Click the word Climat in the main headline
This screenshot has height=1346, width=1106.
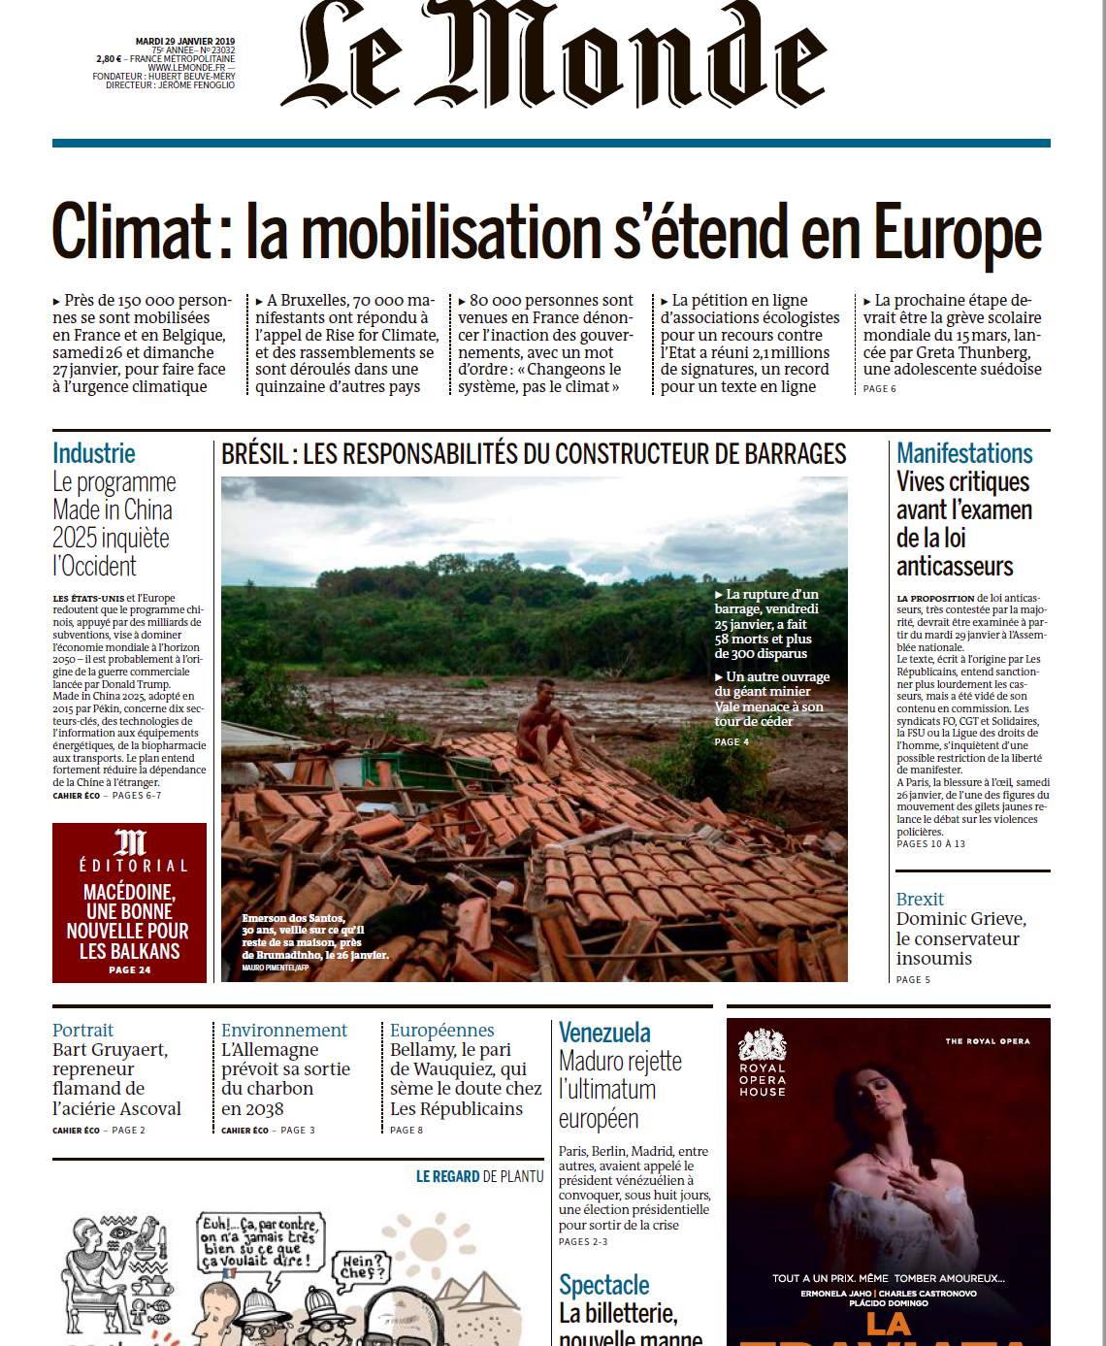pyautogui.click(x=131, y=232)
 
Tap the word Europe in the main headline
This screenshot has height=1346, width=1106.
pyautogui.click(x=958, y=234)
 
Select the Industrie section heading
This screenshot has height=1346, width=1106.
pyautogui.click(x=94, y=453)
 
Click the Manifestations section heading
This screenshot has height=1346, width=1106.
pyautogui.click(x=964, y=453)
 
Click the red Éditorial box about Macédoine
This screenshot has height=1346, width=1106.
pyautogui.click(x=129, y=903)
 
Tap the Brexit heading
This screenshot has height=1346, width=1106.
pyautogui.click(x=920, y=900)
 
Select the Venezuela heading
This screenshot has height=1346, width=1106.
pyautogui.click(x=604, y=1033)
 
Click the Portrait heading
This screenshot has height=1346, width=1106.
pyautogui.click(x=82, y=1030)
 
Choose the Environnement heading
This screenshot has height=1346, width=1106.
pyautogui.click(x=283, y=1030)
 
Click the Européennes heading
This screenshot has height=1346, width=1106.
pyautogui.click(x=442, y=1030)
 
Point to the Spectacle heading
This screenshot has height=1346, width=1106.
pyautogui.click(x=604, y=1285)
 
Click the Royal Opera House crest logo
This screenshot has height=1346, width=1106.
pyautogui.click(x=763, y=1045)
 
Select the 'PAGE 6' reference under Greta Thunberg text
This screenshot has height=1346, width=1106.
pyautogui.click(x=880, y=389)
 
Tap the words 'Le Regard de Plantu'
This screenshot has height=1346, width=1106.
pyautogui.click(x=479, y=1176)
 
